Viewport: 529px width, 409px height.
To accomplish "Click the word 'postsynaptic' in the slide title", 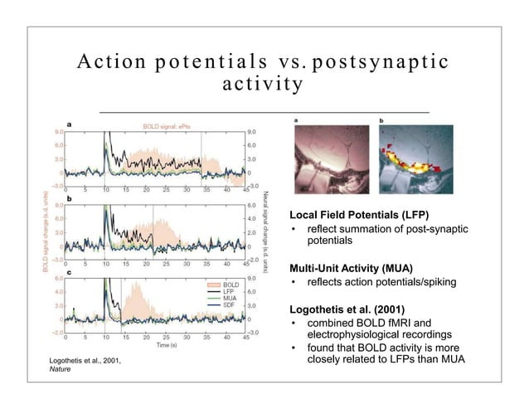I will click(381, 63).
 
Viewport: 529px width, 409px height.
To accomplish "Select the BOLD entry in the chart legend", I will click(231, 285).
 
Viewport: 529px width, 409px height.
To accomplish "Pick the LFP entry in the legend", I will click(228, 291).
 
